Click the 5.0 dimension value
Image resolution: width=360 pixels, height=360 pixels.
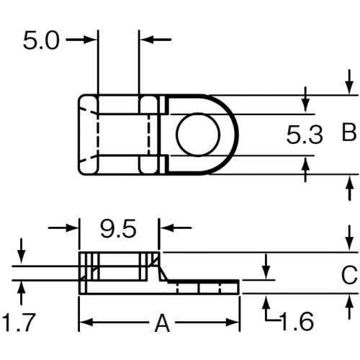point(41,41)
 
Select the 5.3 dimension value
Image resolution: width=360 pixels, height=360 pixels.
point(305,135)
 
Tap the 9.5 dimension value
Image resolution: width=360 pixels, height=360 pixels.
point(118,229)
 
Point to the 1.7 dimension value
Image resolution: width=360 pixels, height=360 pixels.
point(19,322)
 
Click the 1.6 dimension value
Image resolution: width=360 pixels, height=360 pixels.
point(297,322)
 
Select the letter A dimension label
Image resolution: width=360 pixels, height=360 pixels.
point(163,323)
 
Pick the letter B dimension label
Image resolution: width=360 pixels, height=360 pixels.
point(348,132)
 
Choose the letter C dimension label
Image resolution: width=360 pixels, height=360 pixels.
point(349,275)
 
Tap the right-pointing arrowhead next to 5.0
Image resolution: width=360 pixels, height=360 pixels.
point(91,40)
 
